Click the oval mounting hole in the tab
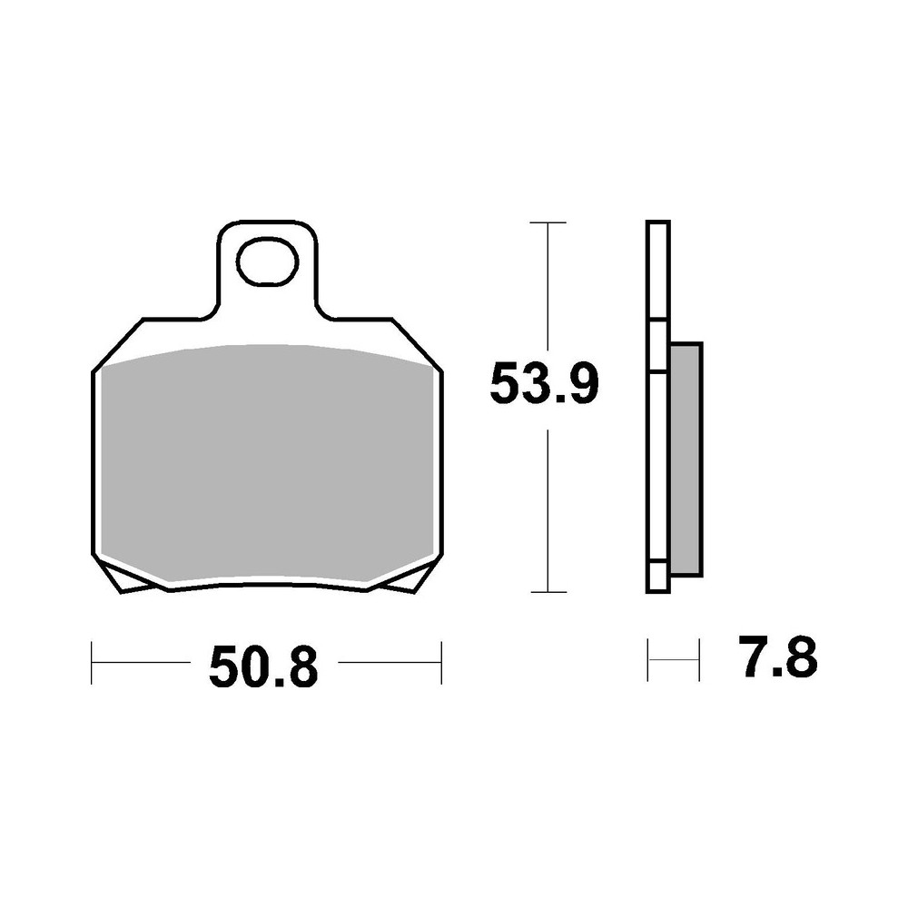click(x=267, y=262)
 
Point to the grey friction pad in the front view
click(x=267, y=463)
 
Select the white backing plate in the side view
click(x=657, y=409)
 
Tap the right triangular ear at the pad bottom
click(x=407, y=578)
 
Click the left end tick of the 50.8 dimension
click(x=93, y=662)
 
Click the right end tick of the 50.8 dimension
click(x=440, y=662)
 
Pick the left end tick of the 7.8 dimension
click(x=647, y=660)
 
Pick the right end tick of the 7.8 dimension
click(x=699, y=660)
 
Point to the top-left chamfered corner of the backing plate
click(x=118, y=344)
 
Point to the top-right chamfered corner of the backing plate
click(x=418, y=344)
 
